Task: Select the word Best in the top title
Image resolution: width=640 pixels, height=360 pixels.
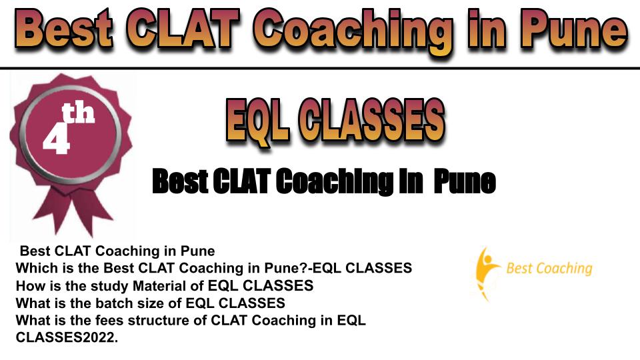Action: [63, 29]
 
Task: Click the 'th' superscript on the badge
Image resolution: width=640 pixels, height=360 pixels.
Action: [79, 113]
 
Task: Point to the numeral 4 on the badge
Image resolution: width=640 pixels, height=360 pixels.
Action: [57, 137]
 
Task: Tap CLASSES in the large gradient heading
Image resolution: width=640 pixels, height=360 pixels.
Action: [371, 119]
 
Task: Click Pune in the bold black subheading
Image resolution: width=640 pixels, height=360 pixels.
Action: [465, 181]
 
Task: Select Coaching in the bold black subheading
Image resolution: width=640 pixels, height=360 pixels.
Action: [335, 182]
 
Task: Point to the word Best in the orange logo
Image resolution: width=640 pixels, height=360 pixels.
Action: [519, 268]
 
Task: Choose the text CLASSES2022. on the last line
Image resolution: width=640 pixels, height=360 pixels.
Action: [67, 337]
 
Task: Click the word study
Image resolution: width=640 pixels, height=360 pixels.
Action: [109, 287]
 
